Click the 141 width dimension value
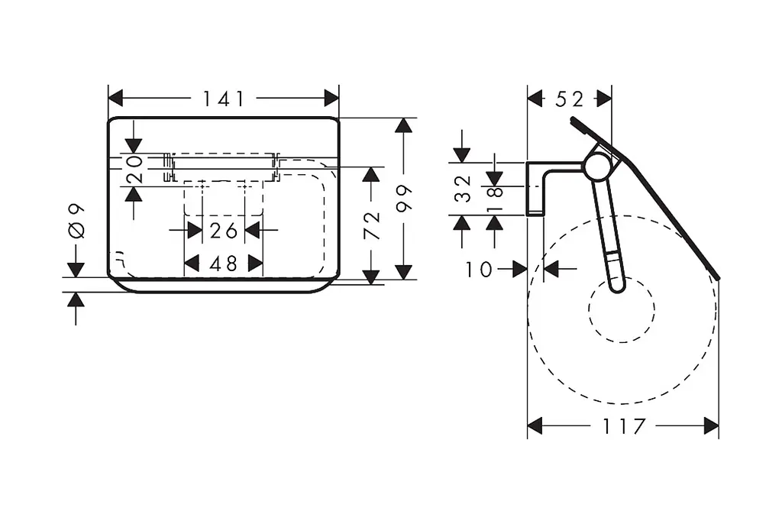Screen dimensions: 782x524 click(224, 99)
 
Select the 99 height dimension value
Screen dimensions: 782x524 click(404, 198)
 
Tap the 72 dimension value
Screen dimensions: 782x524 click(372, 225)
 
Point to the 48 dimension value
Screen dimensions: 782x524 click(224, 264)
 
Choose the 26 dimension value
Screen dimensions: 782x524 click(224, 231)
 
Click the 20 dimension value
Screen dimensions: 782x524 click(134, 169)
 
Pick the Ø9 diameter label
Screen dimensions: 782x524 click(76, 221)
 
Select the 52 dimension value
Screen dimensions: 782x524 click(570, 99)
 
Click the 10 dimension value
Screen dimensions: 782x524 click(479, 270)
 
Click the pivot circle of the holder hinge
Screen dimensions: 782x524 click(597, 167)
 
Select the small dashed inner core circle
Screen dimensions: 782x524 click(622, 309)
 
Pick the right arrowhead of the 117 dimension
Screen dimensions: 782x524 click(711, 426)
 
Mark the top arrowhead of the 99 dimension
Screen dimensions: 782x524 click(403, 125)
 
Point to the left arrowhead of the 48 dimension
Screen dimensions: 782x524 click(192, 263)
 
